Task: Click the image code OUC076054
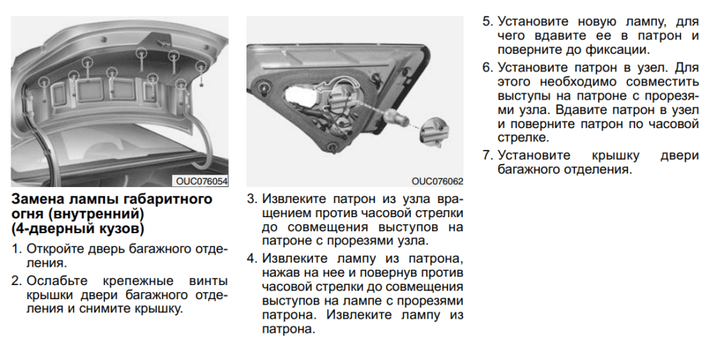coord(202,181)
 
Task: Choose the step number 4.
coord(251,257)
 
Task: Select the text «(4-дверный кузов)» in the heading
coord(78,229)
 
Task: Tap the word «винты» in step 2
coord(209,281)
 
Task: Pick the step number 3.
coord(251,199)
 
